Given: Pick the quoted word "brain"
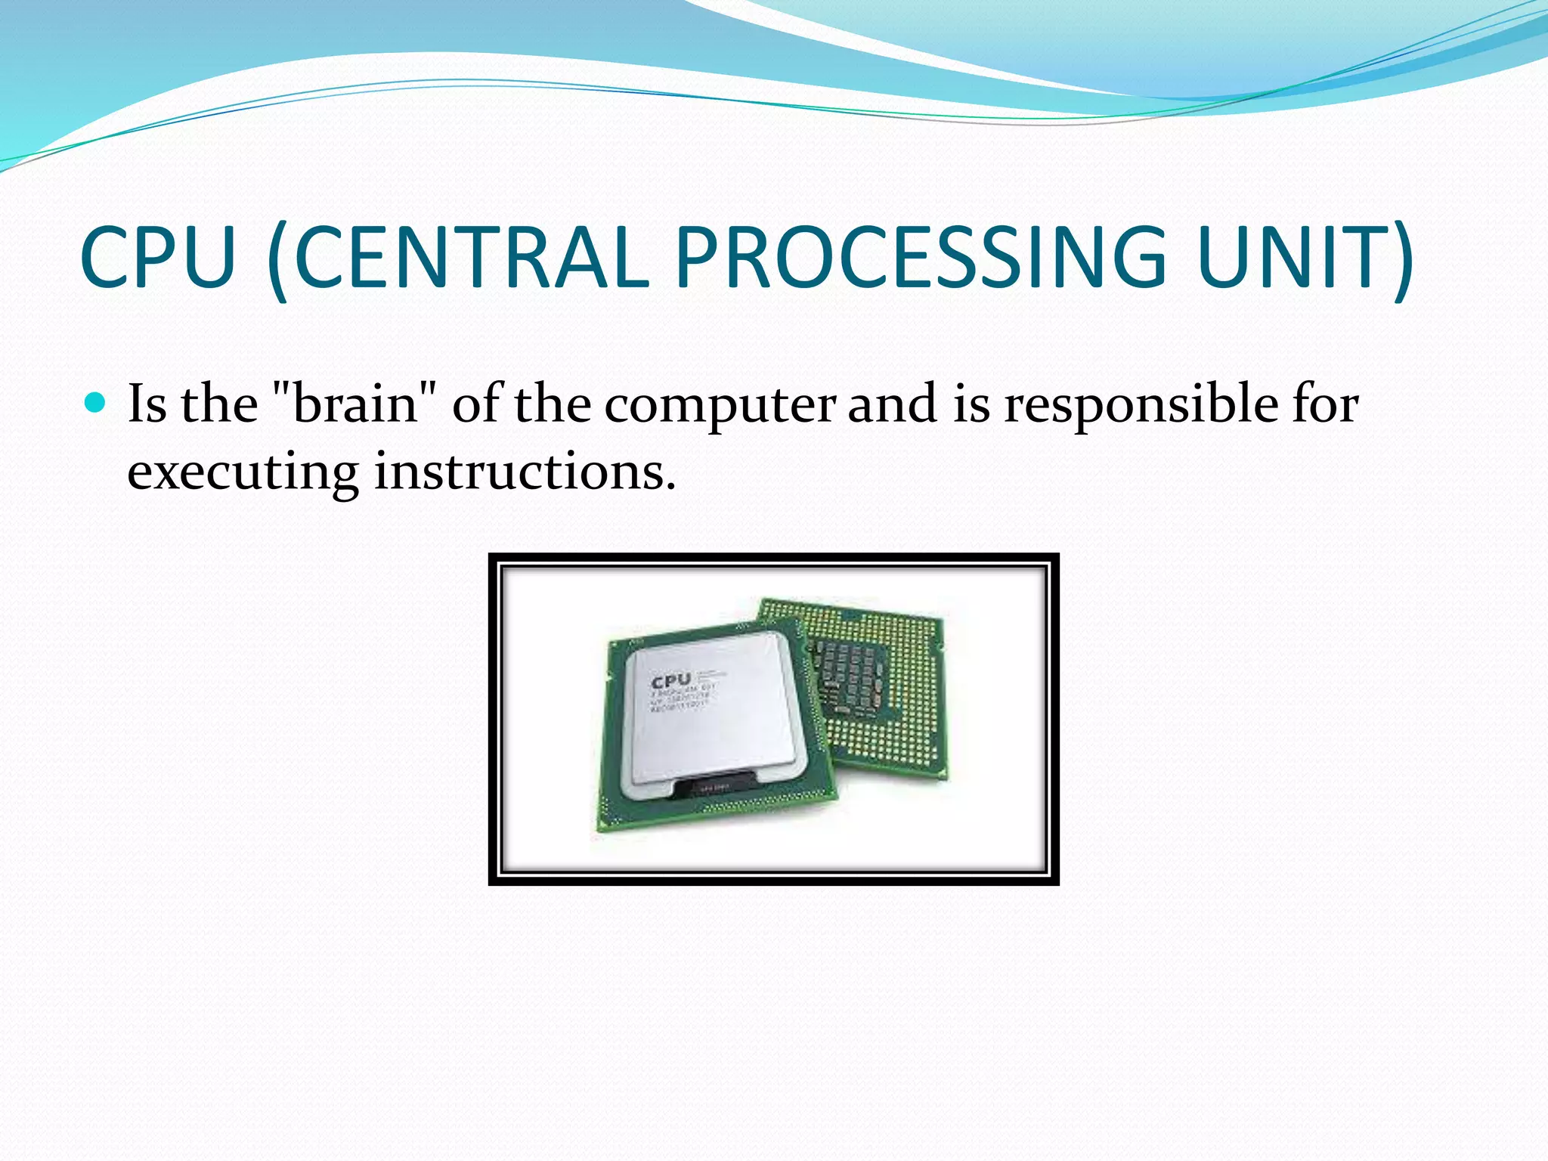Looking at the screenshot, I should click(x=354, y=403).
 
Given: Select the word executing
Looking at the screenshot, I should click(x=242, y=472).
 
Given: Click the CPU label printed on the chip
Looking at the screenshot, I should click(x=670, y=680).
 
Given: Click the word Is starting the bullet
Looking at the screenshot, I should click(x=147, y=403).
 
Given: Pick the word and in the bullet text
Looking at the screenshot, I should click(x=893, y=403).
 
